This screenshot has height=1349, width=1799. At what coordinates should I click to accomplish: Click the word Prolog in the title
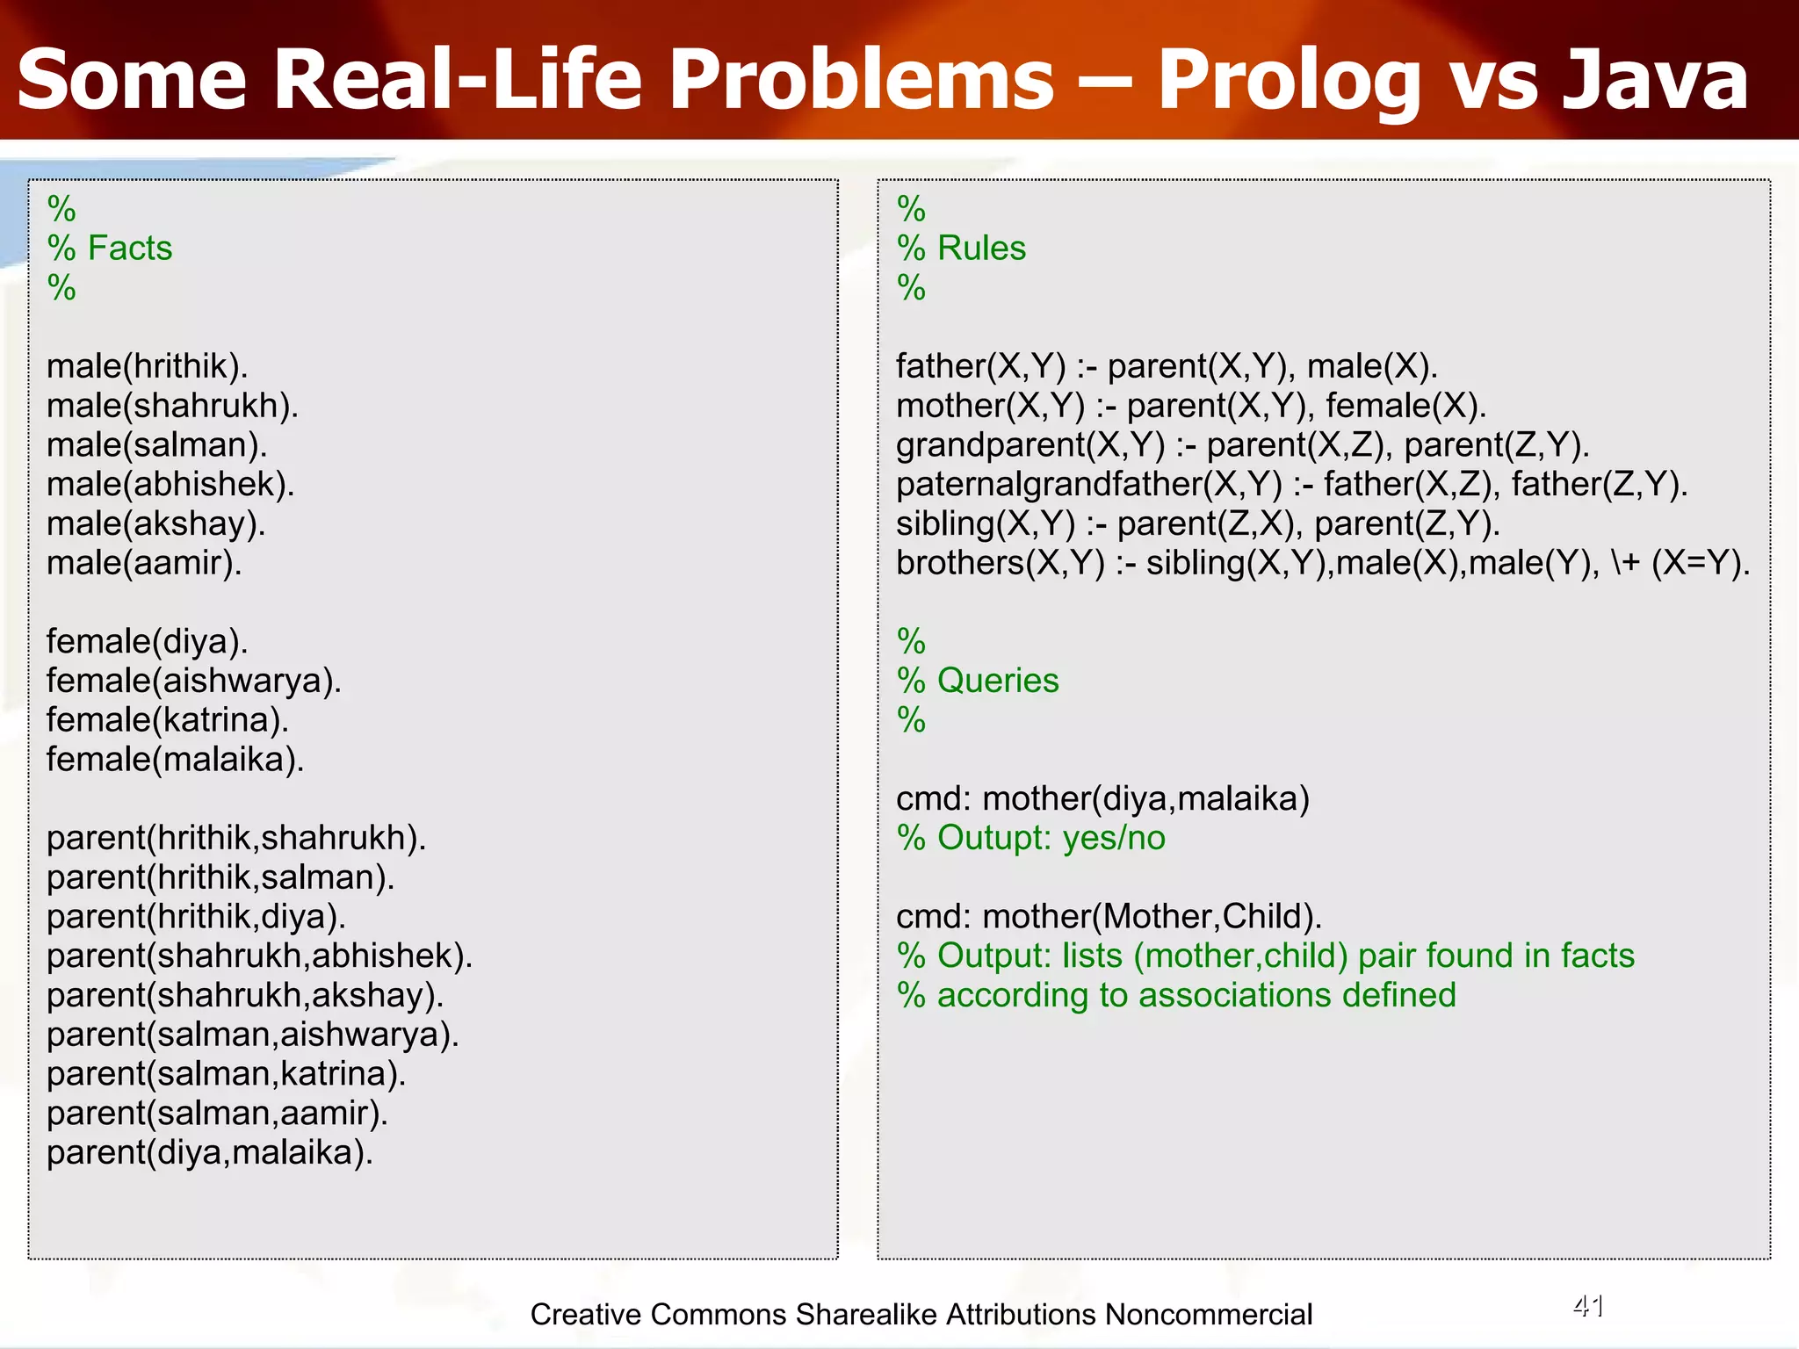tap(1288, 81)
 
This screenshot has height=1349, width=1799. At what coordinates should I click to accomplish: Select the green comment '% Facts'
tap(110, 249)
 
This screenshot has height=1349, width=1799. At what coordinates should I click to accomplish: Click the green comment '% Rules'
tap(961, 249)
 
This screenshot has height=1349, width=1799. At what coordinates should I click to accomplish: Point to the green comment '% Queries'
tap(978, 681)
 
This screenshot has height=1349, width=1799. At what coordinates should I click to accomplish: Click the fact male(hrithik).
tap(147, 366)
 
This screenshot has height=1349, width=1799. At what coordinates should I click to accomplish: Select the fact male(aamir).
tap(144, 563)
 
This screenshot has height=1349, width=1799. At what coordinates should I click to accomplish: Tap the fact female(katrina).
tap(167, 720)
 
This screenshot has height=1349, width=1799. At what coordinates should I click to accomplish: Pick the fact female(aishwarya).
tap(193, 681)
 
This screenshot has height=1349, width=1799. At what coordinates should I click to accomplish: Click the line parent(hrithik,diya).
tap(196, 917)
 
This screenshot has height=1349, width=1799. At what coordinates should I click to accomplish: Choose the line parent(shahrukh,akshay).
tap(245, 995)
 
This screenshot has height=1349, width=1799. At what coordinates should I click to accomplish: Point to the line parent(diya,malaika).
tap(209, 1152)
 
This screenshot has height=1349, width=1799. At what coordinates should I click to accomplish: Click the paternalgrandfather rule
tap(1291, 485)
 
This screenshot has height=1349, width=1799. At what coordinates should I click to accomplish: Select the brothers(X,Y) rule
tap(1322, 563)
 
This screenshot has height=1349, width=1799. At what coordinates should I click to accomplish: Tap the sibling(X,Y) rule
tap(1197, 523)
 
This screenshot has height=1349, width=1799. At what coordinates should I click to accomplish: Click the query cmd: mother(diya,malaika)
tap(1102, 799)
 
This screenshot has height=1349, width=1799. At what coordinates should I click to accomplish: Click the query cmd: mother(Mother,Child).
tap(1109, 917)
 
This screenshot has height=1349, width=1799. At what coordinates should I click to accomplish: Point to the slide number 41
tap(1588, 1307)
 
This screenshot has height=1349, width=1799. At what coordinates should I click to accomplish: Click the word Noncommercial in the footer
tap(1208, 1315)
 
